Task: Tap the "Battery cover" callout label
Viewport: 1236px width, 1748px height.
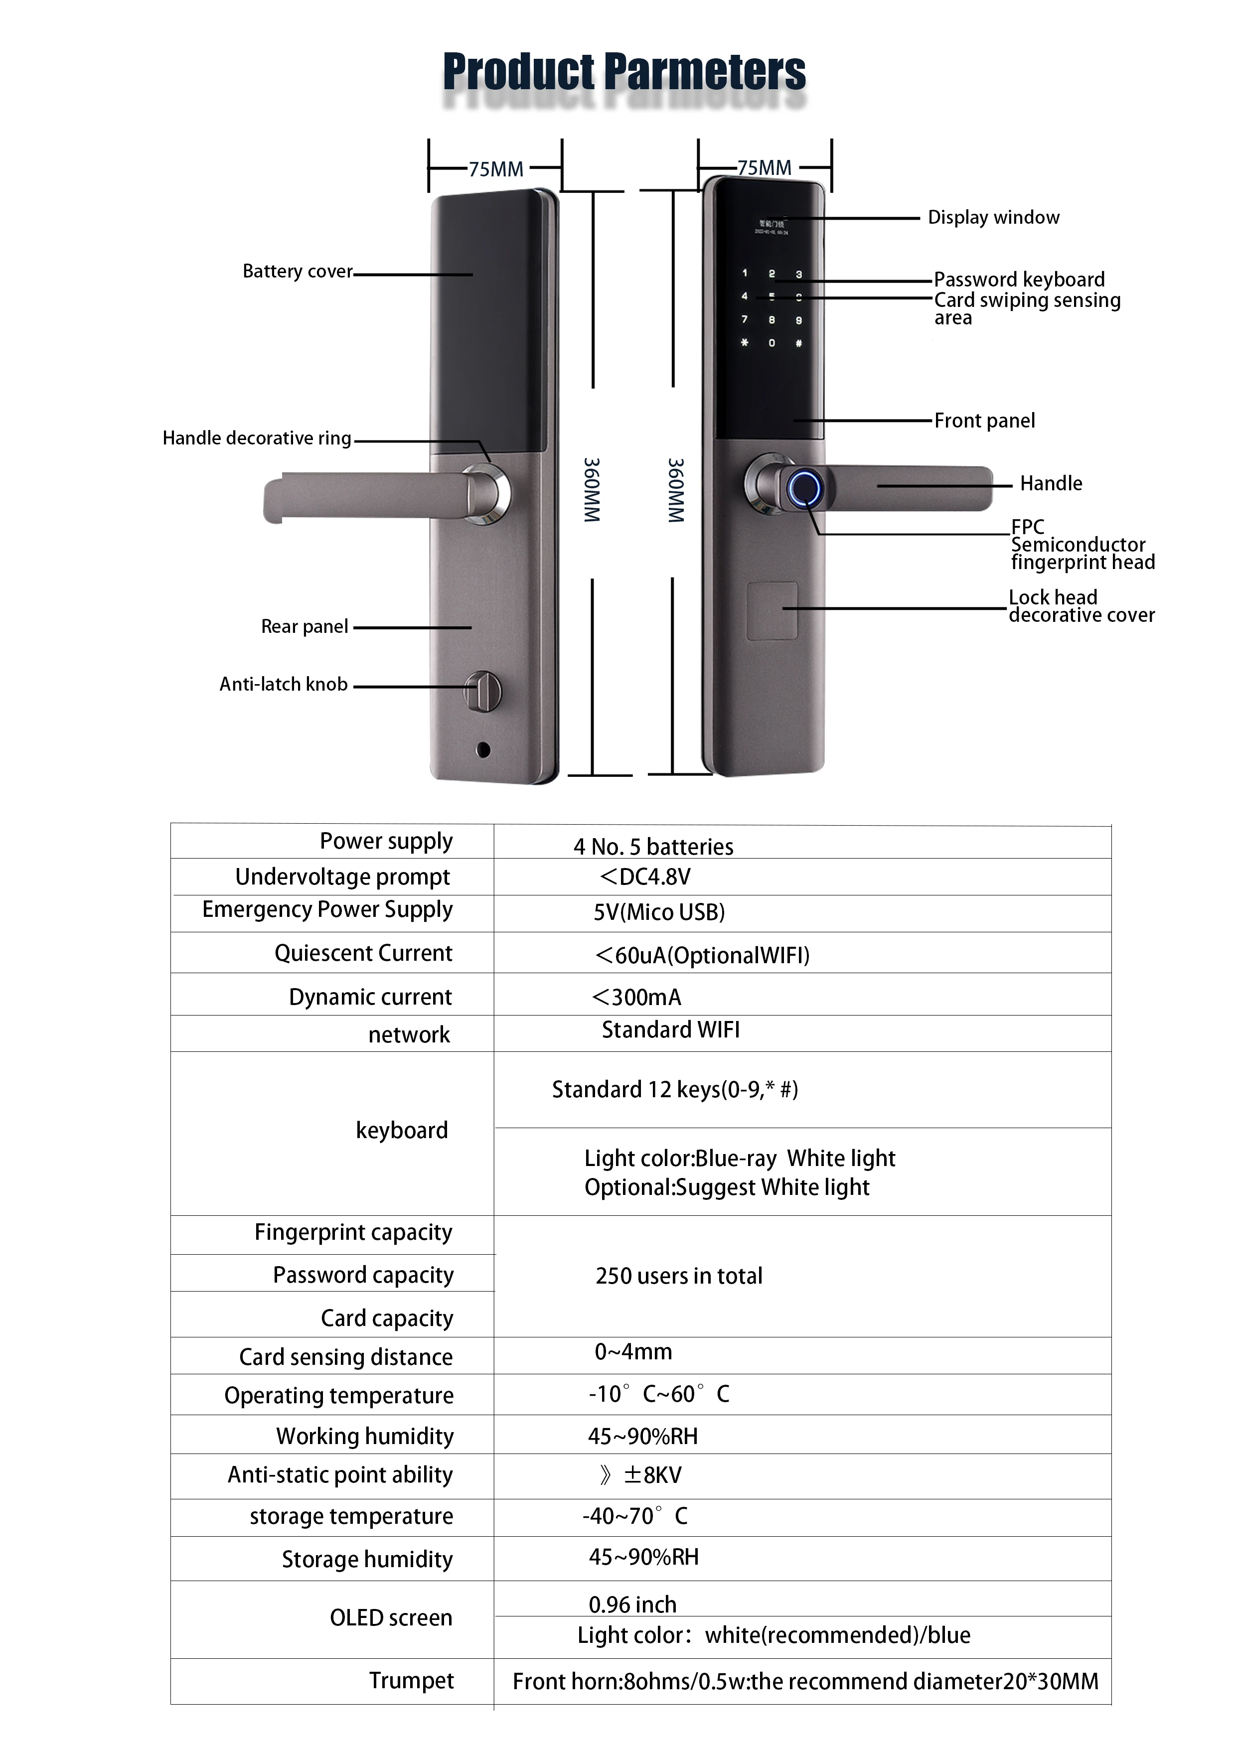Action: [297, 272]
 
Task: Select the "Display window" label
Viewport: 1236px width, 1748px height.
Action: [993, 218]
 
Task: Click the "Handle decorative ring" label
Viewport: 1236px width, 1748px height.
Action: [257, 438]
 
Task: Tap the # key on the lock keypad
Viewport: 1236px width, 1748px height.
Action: [798, 343]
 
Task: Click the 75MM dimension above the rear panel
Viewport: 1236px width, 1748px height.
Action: [496, 169]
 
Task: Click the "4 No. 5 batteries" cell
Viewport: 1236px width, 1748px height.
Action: [653, 847]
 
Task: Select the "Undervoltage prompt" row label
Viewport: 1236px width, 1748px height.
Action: [343, 877]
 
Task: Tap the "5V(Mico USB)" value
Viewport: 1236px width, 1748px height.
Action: [659, 912]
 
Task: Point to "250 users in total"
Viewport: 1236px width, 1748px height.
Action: [678, 1276]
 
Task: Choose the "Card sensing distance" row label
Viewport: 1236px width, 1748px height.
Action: [346, 1357]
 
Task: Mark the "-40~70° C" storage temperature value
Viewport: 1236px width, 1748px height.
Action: [634, 1516]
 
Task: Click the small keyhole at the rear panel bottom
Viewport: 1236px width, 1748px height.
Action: [483, 750]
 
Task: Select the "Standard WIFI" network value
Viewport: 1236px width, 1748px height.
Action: [670, 1030]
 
